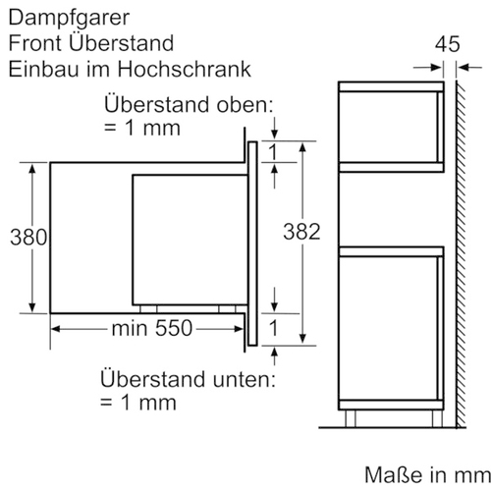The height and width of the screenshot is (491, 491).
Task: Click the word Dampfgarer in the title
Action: [x=69, y=19]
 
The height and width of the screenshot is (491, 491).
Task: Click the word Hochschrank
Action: [x=185, y=69]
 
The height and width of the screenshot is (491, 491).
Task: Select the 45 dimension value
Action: [x=447, y=44]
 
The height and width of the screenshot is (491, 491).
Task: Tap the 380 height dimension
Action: [x=28, y=237]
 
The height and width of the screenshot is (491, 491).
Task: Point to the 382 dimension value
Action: [x=301, y=232]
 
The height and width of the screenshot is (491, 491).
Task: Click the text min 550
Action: [x=152, y=328]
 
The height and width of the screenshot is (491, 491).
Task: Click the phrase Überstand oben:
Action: [x=189, y=104]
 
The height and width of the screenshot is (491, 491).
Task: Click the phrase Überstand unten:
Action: [x=188, y=379]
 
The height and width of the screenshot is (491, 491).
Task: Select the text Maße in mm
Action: [x=427, y=474]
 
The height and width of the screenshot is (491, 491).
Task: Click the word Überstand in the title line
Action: [x=121, y=43]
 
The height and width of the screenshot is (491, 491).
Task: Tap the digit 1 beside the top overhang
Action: [x=273, y=152]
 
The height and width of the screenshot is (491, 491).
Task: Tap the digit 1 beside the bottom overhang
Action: [x=273, y=328]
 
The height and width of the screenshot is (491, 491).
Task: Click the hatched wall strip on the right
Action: [x=461, y=253]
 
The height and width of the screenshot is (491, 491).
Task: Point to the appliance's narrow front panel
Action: [x=252, y=244]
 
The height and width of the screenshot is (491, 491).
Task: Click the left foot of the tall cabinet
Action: [x=351, y=418]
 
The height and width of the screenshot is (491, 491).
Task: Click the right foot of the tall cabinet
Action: [x=437, y=418]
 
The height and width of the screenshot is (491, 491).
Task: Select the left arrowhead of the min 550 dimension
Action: [x=56, y=329]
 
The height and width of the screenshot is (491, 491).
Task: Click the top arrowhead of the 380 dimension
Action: [x=32, y=168]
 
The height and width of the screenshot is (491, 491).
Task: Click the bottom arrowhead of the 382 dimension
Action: [x=302, y=338]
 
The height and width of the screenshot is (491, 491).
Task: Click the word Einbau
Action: [x=43, y=69]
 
